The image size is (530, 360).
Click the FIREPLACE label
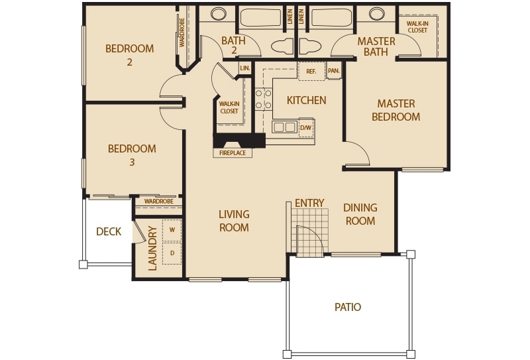233,153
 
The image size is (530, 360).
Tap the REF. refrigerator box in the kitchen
311,71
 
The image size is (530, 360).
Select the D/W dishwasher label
306,128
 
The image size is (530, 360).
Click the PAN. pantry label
334,71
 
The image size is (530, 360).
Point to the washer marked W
172,230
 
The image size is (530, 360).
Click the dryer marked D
172,253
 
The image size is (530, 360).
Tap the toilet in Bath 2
282,46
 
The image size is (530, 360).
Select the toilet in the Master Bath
309,46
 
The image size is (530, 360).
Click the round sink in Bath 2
219,13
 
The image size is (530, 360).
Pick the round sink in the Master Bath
376,13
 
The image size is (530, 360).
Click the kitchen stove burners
264,99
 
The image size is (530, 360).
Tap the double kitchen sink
284,127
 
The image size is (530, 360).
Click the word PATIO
348,307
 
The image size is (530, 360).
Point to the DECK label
109,232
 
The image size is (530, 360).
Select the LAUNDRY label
153,249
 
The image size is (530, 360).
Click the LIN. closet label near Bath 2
245,68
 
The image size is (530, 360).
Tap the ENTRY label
309,203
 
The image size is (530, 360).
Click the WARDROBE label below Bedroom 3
159,202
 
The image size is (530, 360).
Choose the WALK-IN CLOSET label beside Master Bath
417,27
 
